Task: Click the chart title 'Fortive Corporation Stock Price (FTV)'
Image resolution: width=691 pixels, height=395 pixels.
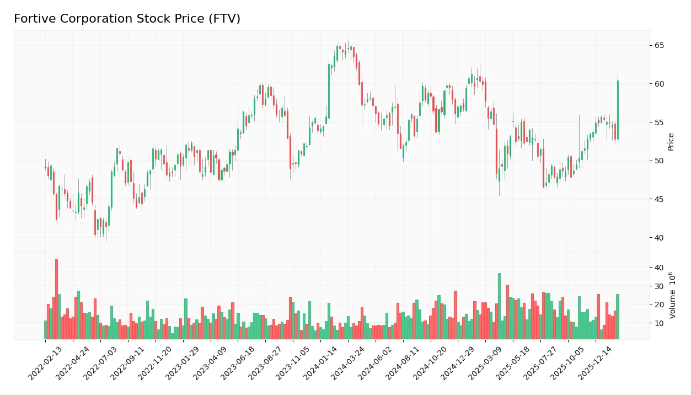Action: [x=127, y=19]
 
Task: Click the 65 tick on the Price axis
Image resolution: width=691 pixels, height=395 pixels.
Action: [x=660, y=45]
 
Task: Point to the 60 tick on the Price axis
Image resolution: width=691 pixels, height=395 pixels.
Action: [x=660, y=84]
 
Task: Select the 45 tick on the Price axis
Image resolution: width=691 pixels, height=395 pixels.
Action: [x=660, y=199]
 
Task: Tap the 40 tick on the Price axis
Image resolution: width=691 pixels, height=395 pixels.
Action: [x=660, y=238]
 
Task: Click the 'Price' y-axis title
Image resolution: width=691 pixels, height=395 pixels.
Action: [x=671, y=142]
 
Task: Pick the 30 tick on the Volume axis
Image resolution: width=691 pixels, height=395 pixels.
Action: [x=660, y=286]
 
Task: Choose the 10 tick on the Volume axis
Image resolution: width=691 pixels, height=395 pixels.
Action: [x=660, y=323]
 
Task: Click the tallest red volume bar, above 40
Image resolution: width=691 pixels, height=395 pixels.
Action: [x=56, y=299]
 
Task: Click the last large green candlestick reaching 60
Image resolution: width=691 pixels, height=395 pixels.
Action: [x=618, y=110]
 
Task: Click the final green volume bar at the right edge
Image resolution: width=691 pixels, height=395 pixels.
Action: [x=618, y=317]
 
